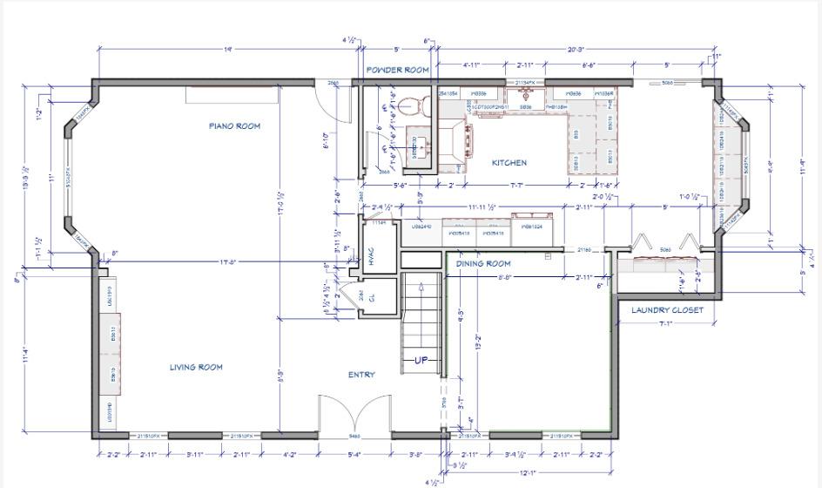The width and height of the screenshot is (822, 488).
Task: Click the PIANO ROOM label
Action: (x=234, y=126)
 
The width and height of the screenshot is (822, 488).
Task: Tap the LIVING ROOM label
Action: (x=196, y=368)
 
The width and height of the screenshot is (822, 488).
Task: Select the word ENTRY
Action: (x=361, y=376)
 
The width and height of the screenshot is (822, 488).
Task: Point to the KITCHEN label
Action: (x=509, y=163)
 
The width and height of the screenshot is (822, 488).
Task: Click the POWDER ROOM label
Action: (x=398, y=70)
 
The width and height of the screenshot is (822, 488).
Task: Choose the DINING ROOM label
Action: (x=483, y=264)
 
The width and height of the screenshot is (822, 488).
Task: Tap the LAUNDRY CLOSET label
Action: (x=667, y=310)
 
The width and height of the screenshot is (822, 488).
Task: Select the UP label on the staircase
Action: (x=421, y=361)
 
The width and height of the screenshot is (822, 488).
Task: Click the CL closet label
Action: (x=372, y=297)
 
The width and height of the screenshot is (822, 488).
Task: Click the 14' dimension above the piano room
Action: (x=228, y=50)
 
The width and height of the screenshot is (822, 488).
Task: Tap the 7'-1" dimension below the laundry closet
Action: (x=667, y=324)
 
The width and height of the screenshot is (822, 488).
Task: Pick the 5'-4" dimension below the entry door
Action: (x=355, y=455)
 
